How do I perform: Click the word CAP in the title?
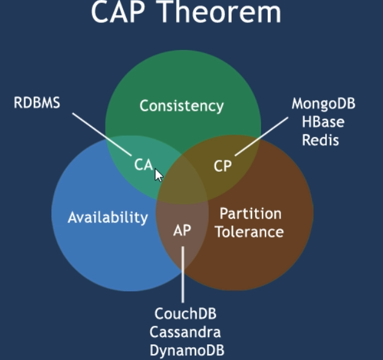click(118, 11)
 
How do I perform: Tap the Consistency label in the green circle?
click(182, 106)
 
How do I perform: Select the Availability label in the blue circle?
click(108, 217)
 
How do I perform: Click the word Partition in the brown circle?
click(251, 213)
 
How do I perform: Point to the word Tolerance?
click(249, 232)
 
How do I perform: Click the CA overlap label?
click(144, 165)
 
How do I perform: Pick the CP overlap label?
click(223, 166)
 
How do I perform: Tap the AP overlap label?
click(182, 230)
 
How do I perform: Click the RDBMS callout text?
click(37, 103)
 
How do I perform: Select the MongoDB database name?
click(323, 104)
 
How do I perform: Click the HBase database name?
click(323, 122)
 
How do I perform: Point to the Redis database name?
click(320, 140)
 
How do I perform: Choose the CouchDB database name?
click(185, 314)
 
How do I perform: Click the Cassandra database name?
click(185, 332)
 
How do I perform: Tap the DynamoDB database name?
click(187, 351)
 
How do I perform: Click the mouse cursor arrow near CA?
click(159, 175)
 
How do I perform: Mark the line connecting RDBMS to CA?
click(102, 134)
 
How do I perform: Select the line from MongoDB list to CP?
click(261, 136)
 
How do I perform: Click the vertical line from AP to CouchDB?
click(183, 274)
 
